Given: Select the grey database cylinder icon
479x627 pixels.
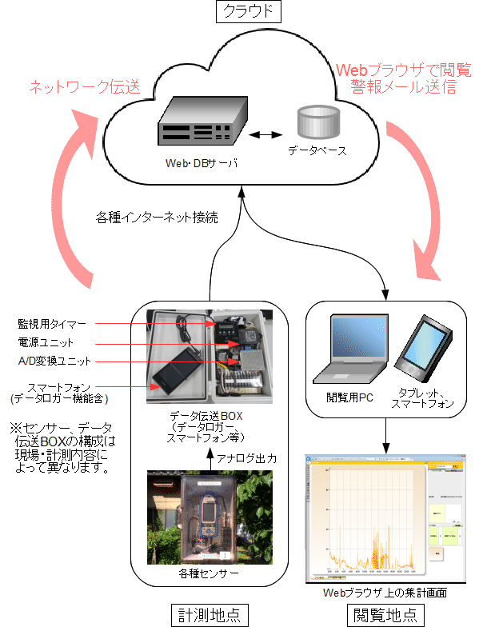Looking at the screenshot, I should (x=317, y=122).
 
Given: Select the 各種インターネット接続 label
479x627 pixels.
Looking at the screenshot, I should (x=157, y=217).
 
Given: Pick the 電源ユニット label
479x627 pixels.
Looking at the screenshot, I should (x=46, y=341).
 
